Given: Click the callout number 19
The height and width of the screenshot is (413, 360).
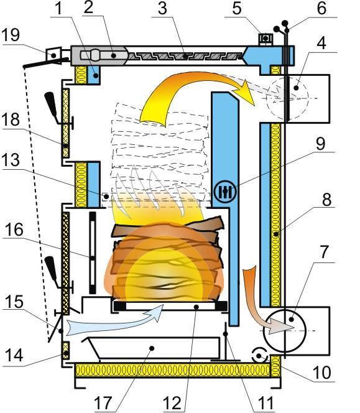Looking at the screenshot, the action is [x=11, y=35].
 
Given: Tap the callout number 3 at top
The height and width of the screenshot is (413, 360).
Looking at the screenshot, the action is [x=162, y=9].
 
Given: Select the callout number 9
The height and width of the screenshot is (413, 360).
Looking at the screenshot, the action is [x=320, y=144].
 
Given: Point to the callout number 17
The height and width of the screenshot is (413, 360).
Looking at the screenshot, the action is [x=104, y=402].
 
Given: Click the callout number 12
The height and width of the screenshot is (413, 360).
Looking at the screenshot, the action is [x=172, y=402].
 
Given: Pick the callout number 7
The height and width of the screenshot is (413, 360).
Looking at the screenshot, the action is [x=324, y=252].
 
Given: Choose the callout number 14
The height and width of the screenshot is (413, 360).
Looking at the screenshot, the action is [x=14, y=355].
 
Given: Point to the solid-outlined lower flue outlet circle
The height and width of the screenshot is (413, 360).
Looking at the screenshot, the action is [x=285, y=331].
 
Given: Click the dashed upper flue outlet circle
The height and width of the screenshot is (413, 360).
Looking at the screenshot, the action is [x=287, y=98].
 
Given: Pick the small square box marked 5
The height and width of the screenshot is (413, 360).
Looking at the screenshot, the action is [x=265, y=39].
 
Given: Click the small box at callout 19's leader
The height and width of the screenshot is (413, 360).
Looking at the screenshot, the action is [x=54, y=55].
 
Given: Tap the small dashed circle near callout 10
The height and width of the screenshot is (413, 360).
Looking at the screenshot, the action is [x=260, y=356].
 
